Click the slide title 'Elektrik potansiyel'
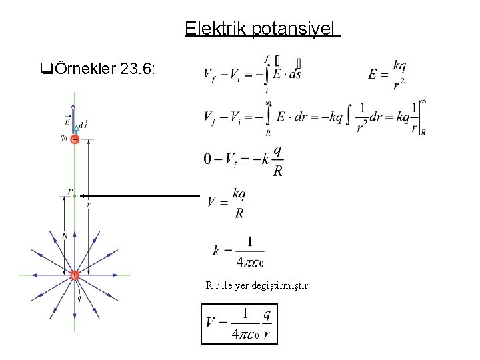[262, 29]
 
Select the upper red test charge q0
[75, 140]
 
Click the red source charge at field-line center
[75, 275]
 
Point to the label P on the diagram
[69, 191]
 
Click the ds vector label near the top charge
[83, 125]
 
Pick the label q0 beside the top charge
[63, 138]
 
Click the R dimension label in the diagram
[65, 235]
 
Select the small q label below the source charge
[79, 299]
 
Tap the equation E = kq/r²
[388, 73]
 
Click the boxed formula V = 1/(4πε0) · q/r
[239, 324]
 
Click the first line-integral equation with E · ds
[252, 73]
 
